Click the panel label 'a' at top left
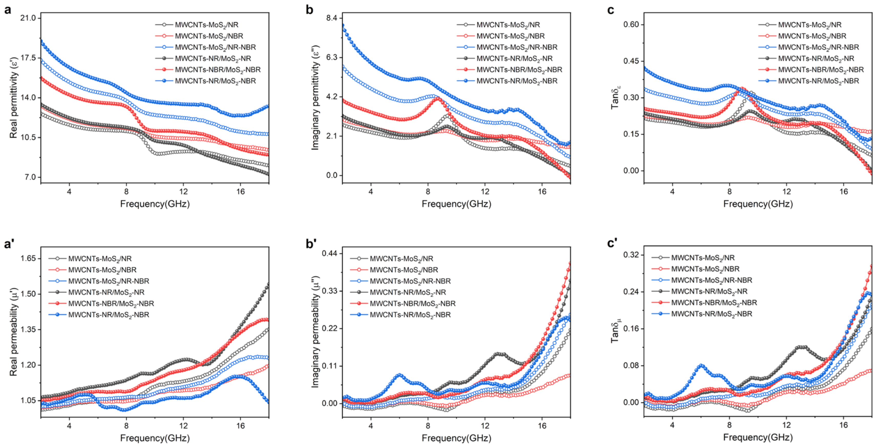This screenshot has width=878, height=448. pos(7,10)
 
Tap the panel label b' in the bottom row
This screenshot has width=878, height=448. pos(311,244)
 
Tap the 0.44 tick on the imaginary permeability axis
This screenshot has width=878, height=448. pos(330,253)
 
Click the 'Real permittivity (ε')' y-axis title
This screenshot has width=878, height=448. pos(13,98)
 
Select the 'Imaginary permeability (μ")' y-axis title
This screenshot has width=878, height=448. pos(315,331)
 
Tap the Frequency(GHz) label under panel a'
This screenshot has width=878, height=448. pos(155,438)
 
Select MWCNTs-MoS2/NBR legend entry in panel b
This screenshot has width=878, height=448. pos(510,36)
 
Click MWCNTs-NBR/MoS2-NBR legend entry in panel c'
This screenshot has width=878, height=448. pos(714,303)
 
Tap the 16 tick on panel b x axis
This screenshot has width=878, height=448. pos(542,192)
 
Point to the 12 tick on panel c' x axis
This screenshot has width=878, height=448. pos(786,425)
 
